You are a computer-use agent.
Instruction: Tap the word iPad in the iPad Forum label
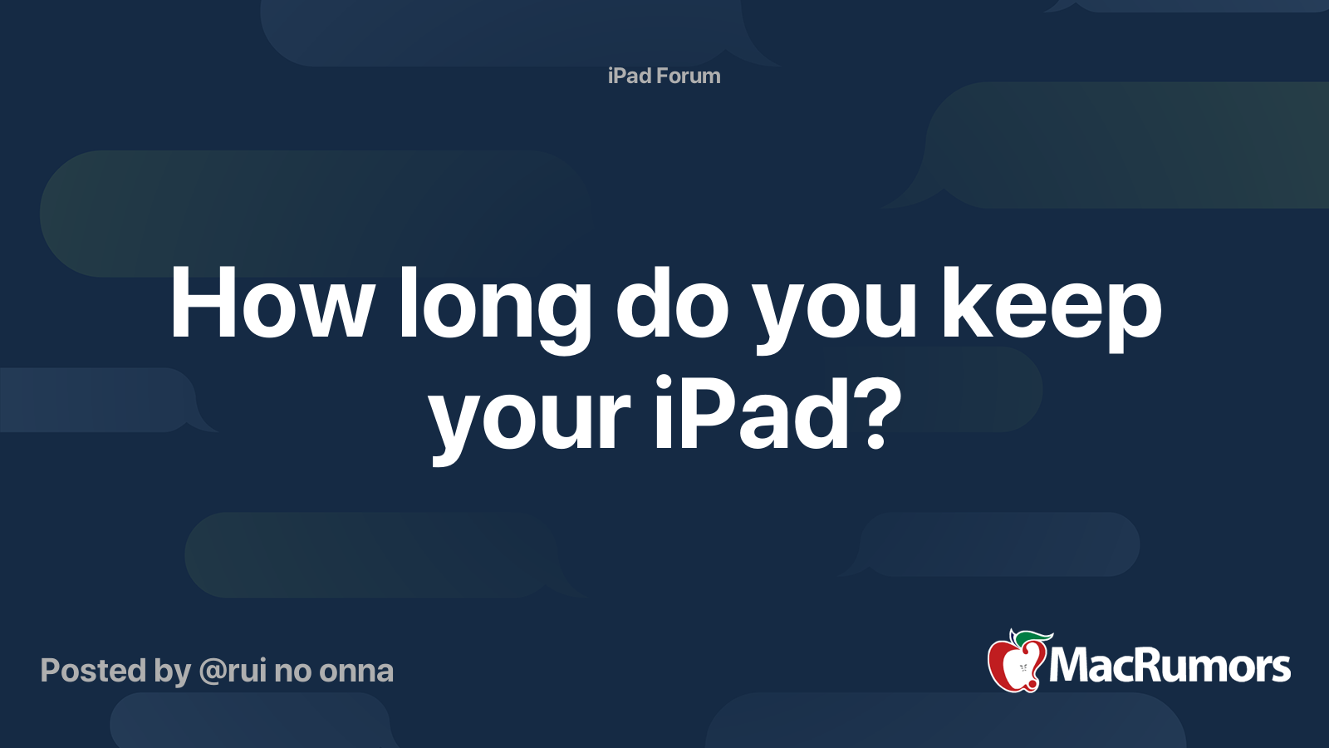point(629,76)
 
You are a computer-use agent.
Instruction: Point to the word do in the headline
point(672,302)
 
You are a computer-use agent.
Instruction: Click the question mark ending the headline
point(879,412)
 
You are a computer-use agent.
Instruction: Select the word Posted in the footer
point(93,671)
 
